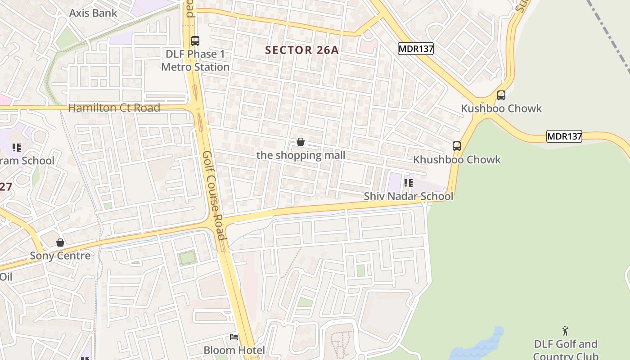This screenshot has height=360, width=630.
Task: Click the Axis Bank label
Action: (93, 13)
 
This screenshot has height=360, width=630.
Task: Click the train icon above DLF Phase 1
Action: (195, 41)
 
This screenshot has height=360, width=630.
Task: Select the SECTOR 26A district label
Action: (301, 50)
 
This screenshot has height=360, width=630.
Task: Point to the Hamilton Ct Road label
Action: (114, 108)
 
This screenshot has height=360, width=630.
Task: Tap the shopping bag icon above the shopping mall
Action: (301, 142)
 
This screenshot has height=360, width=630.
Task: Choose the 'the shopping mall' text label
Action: (301, 156)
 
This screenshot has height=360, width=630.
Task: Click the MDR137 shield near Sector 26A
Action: (415, 49)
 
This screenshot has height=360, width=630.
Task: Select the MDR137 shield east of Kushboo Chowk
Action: (564, 136)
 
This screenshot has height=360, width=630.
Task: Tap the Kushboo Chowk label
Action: (501, 109)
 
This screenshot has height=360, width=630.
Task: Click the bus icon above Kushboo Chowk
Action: (501, 95)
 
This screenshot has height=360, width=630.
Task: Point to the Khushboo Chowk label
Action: (457, 160)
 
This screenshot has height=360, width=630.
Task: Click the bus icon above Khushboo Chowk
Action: (457, 146)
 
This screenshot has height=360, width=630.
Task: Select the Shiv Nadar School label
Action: (408, 197)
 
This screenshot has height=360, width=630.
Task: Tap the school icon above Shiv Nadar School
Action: (409, 183)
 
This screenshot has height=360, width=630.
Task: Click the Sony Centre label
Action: (60, 256)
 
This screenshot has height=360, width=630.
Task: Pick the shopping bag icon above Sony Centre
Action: (60, 243)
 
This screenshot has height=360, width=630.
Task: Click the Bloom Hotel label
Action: (234, 350)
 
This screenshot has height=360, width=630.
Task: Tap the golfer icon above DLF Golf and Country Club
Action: (566, 331)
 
